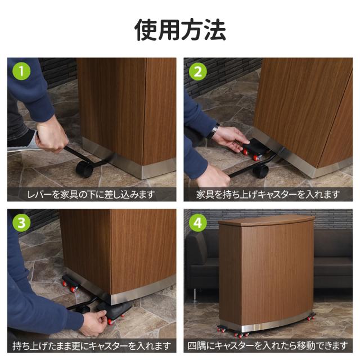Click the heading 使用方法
click(x=180, y=30)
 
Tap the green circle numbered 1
click(x=21, y=71)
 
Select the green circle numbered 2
click(x=197, y=71)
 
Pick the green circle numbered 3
click(x=21, y=222)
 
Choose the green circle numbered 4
click(x=197, y=223)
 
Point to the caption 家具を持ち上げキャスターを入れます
click(x=268, y=195)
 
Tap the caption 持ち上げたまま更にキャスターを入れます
click(x=92, y=346)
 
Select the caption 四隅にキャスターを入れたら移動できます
click(x=268, y=346)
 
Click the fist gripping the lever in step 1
click(x=52, y=137)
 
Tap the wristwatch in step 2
click(x=214, y=131)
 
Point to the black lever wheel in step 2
click(x=260, y=171)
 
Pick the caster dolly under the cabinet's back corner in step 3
click(x=70, y=283)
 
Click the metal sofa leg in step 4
click(x=195, y=295)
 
